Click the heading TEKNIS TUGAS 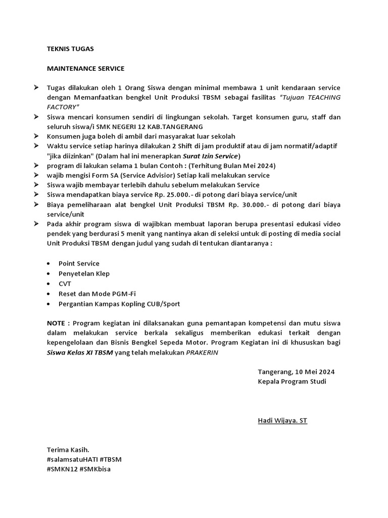point(70,49)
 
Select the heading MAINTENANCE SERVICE point(85,68)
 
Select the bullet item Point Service point(79,264)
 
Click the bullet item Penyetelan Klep point(84,274)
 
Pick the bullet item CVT point(65,284)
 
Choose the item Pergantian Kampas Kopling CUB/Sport point(119,304)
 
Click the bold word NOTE point(58,323)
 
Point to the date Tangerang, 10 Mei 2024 point(296,372)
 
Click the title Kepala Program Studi point(292,381)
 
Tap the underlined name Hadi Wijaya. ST point(282,420)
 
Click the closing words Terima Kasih point(68,450)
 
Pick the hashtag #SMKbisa point(95,469)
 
